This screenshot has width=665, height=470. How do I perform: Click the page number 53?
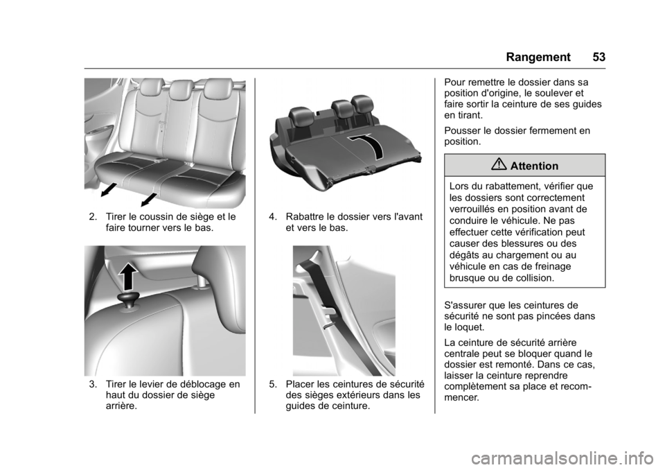click(x=598, y=57)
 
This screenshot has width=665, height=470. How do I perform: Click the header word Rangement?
click(x=538, y=58)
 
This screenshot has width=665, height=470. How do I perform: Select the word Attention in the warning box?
click(x=534, y=166)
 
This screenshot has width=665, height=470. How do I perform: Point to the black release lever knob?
click(x=129, y=299)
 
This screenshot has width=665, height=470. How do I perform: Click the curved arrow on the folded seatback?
click(x=368, y=148)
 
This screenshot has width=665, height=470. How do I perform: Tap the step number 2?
click(x=92, y=217)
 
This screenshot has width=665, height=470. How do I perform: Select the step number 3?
click(x=92, y=385)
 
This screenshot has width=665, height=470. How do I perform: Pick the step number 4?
click(x=272, y=217)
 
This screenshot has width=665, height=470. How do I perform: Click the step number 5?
click(x=272, y=385)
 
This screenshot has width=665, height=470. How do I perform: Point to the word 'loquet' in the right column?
click(x=469, y=328)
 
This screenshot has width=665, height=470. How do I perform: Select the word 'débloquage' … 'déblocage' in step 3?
click(x=201, y=385)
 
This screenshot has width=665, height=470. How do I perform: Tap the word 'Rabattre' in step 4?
click(x=305, y=217)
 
